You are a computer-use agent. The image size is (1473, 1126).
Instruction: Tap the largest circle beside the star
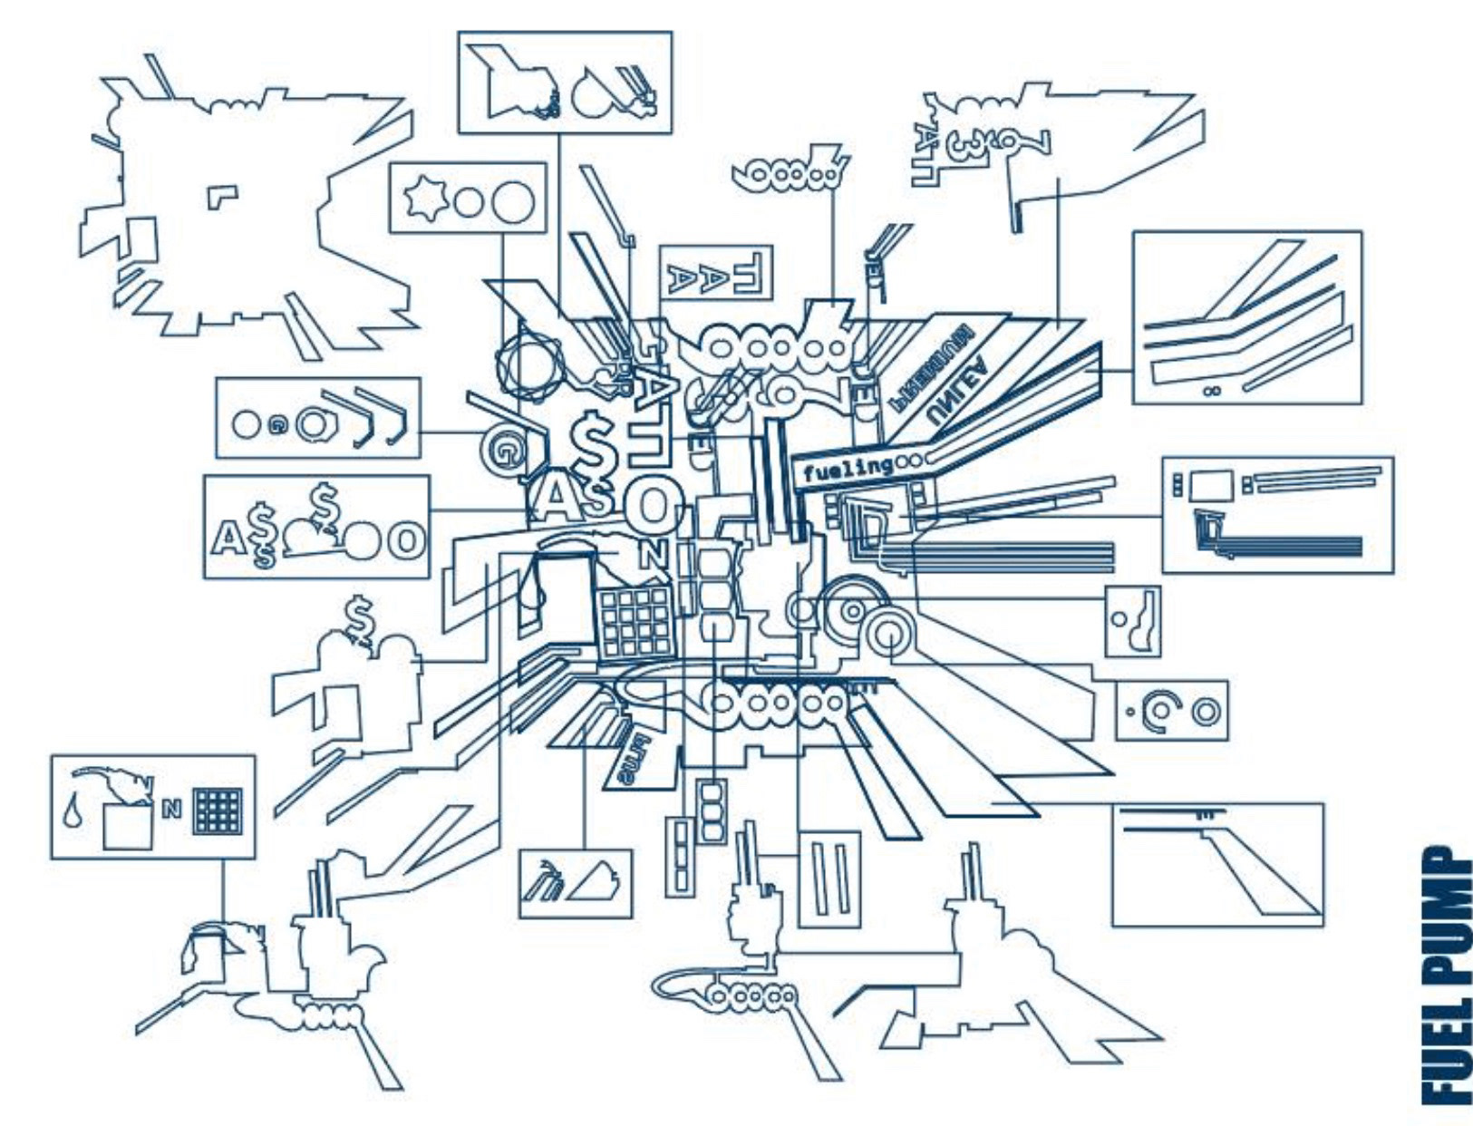click(x=513, y=200)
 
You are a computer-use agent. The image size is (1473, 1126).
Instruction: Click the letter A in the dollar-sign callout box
click(x=224, y=539)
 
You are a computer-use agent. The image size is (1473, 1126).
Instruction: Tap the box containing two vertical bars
click(x=829, y=878)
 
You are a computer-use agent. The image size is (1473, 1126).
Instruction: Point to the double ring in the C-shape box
click(x=1206, y=712)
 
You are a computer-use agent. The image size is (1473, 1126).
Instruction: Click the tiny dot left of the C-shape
click(x=1129, y=712)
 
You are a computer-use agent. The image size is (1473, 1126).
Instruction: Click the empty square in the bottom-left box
click(x=127, y=826)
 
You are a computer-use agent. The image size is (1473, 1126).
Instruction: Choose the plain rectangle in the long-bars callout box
click(x=1210, y=484)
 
